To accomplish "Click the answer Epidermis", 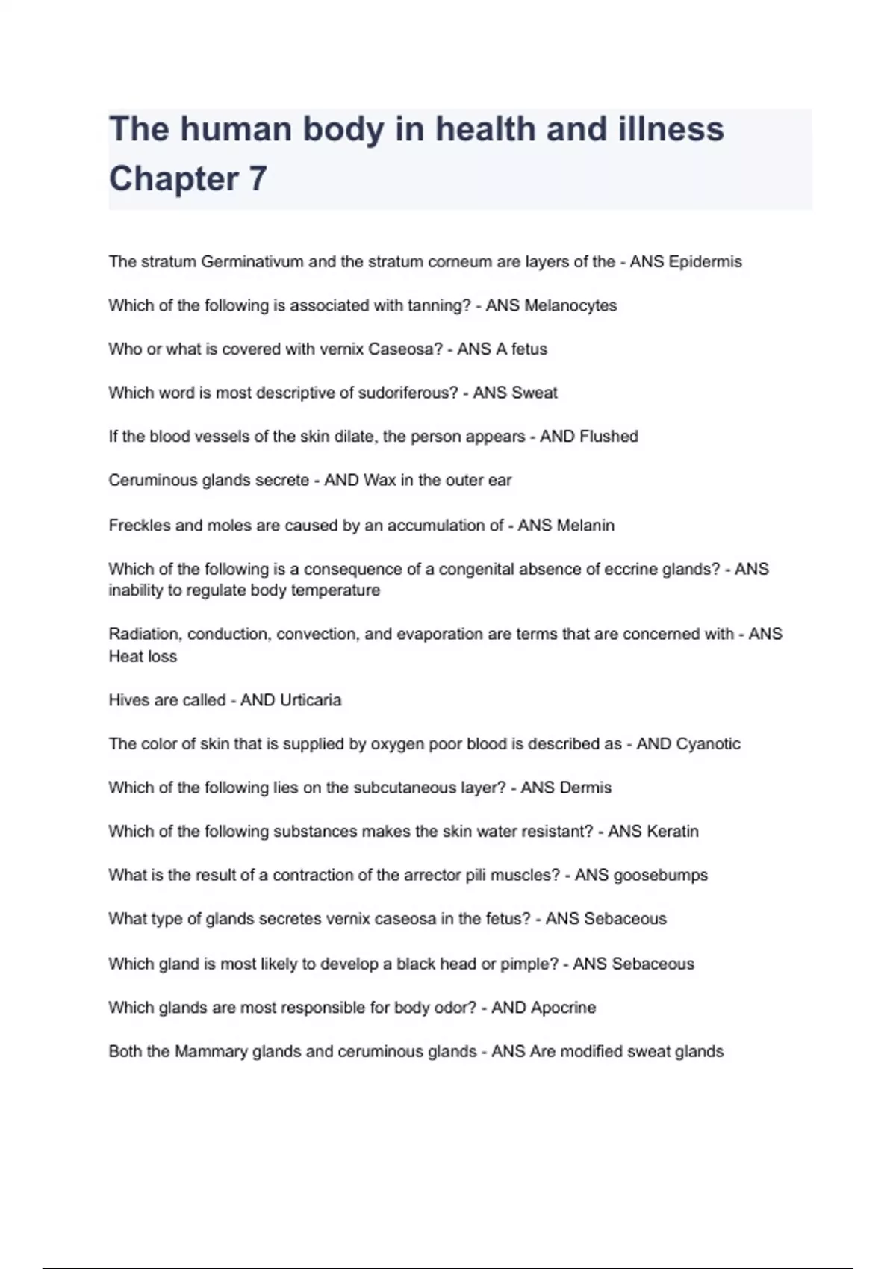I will pyautogui.click(x=705, y=262).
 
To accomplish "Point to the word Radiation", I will pyautogui.click(x=145, y=634).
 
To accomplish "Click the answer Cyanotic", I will pyautogui.click(x=708, y=744).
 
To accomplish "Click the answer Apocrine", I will pyautogui.click(x=563, y=1008).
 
